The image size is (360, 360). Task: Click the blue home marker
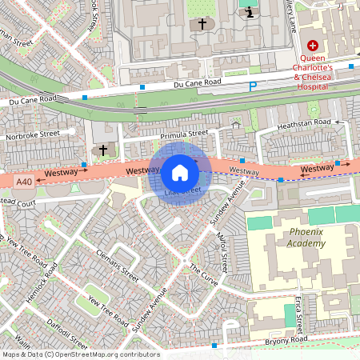180,172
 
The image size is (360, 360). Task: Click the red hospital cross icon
313,46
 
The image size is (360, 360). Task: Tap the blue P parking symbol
254,86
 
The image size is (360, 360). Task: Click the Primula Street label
183,134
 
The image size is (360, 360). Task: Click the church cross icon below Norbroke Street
102,150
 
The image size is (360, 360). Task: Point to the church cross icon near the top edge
202,24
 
